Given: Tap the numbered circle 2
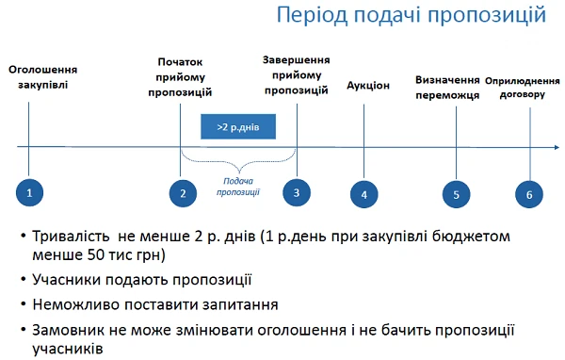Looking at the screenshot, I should (183, 193).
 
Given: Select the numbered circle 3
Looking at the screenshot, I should (297, 192).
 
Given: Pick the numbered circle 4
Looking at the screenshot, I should (363, 194).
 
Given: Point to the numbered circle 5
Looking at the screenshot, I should (456, 194).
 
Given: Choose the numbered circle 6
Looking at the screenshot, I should (529, 194).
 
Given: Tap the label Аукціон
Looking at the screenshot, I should (367, 85).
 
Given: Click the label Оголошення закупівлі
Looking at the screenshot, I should (42, 77).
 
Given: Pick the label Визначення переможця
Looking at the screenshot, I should (448, 87).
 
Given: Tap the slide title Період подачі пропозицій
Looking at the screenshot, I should (412, 16).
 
